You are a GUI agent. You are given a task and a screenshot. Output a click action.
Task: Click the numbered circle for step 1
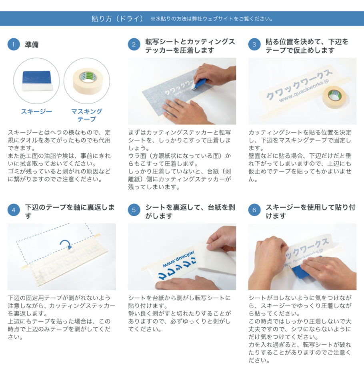[x=14, y=44]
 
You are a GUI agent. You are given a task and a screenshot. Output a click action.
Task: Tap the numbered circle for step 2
[x=134, y=44]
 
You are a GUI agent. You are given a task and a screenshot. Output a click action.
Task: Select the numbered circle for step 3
[x=254, y=44]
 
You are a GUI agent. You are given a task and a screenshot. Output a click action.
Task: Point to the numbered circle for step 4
[x=14, y=210]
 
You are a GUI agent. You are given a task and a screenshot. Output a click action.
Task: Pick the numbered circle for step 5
[x=134, y=210]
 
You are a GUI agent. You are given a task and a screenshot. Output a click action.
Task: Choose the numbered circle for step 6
[x=254, y=210]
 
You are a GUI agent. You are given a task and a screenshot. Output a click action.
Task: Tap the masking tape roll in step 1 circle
[x=88, y=81]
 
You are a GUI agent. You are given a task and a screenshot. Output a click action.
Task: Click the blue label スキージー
[x=36, y=111]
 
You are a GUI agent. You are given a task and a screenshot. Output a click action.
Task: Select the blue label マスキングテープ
[x=86, y=115]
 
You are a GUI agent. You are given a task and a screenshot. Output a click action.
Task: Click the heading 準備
[x=32, y=45]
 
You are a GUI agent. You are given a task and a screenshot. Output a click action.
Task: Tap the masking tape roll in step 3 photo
[x=334, y=97]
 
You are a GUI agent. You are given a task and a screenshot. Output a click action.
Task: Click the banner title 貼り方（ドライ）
[x=117, y=19]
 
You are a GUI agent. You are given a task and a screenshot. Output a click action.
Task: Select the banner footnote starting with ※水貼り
[x=212, y=19]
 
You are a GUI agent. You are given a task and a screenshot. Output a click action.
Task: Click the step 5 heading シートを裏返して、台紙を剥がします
[x=190, y=212]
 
